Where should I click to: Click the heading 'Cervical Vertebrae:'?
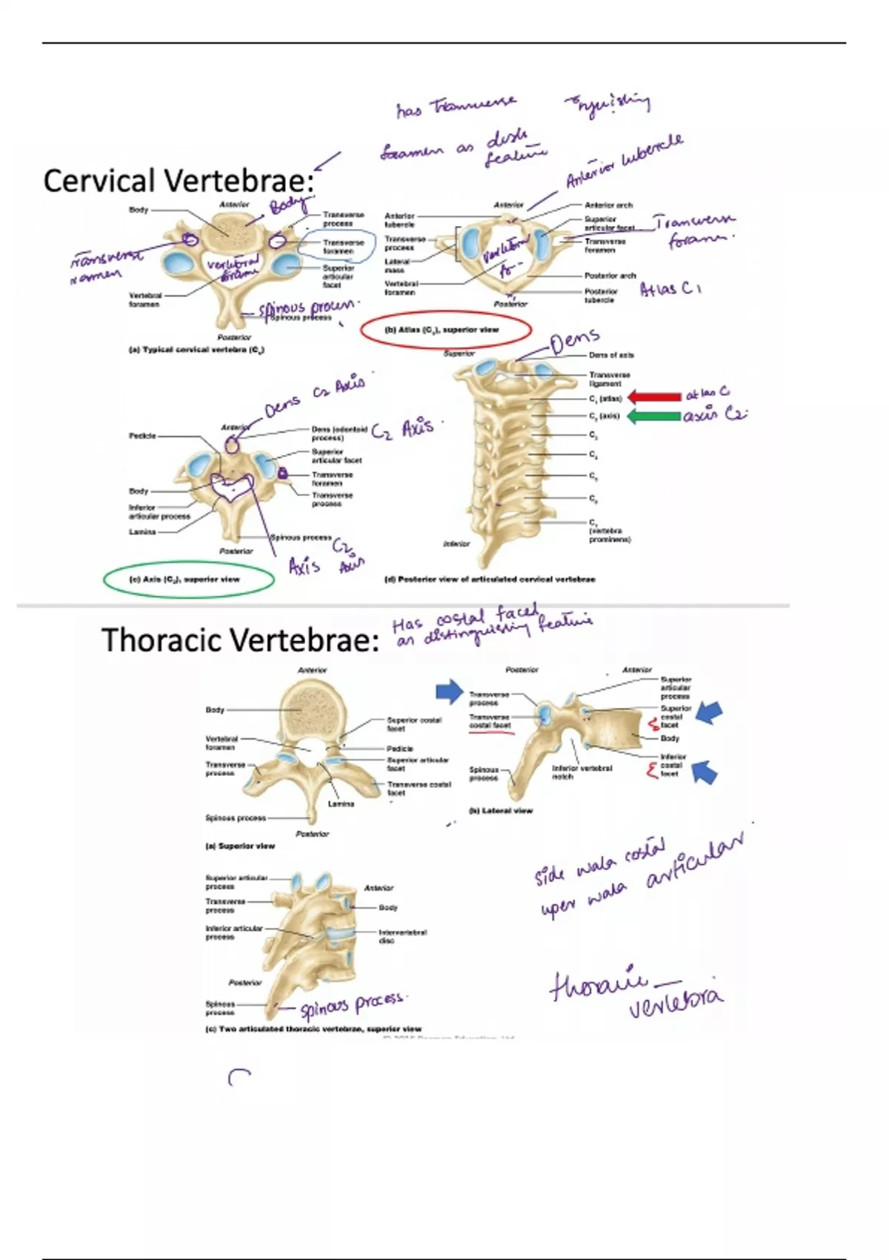tap(178, 182)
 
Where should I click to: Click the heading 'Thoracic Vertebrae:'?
tap(240, 640)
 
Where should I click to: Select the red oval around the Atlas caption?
tap(446, 331)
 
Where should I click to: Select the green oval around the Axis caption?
tap(188, 580)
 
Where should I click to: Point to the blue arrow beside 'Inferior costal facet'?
tap(704, 773)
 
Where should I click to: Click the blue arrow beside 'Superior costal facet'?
tap(710, 713)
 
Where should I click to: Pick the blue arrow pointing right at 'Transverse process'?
tap(450, 692)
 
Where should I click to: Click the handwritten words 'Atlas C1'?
tap(670, 289)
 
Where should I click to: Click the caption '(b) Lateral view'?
tap(501, 811)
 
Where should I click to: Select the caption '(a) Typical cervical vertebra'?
tap(196, 350)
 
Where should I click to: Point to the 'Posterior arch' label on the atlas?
tap(610, 276)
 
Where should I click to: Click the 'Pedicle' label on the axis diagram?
tap(142, 436)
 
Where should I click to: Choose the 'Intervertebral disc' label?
tap(402, 936)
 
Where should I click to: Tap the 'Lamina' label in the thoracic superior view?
tap(341, 803)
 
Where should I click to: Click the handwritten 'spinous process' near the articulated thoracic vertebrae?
tap(352, 1005)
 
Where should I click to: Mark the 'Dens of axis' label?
tap(611, 356)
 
